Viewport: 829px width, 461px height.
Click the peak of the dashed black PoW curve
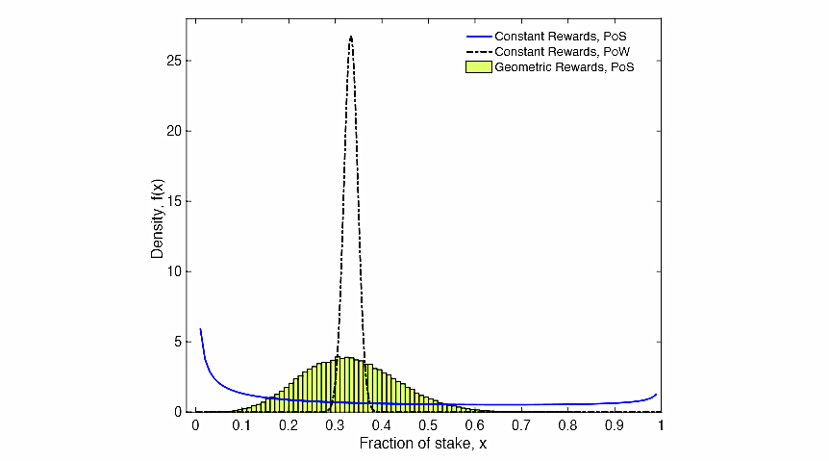click(x=351, y=37)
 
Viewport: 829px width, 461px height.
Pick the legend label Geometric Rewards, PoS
click(x=564, y=67)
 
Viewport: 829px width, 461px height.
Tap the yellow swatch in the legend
click(x=477, y=67)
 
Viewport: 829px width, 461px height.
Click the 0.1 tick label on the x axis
click(x=242, y=424)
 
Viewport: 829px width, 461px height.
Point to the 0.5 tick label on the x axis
click(x=429, y=424)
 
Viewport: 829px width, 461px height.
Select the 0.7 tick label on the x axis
click(x=521, y=424)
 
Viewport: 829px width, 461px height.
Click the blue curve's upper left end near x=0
click(x=200, y=330)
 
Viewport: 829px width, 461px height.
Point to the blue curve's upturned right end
click(x=657, y=395)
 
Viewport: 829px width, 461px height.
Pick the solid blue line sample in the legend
click(x=477, y=37)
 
